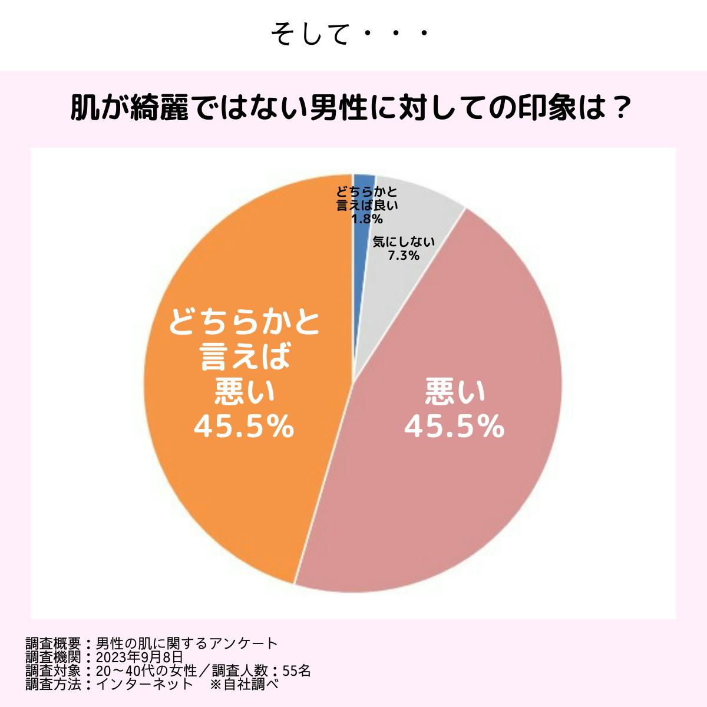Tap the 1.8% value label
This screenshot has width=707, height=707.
tap(366, 219)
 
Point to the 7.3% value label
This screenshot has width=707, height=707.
tap(404, 256)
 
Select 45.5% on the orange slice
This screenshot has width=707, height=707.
tap(244, 427)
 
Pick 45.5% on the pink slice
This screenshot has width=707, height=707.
tap(454, 427)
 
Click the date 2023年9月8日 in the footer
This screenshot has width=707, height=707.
tap(139, 657)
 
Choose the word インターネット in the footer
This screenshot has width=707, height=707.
tap(144, 684)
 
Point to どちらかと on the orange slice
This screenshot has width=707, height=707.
tap(244, 323)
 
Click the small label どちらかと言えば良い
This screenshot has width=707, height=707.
tap(366, 199)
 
